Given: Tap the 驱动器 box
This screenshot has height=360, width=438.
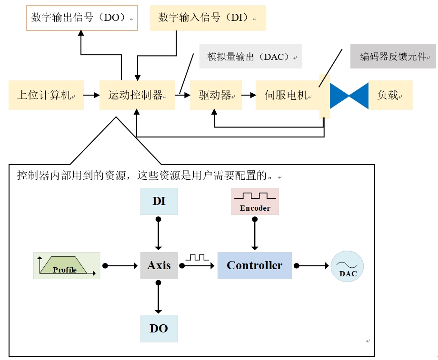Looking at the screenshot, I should [216, 95].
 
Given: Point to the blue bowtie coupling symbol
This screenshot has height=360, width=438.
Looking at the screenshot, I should [349, 96].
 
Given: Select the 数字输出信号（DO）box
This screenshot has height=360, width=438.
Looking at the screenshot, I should [82, 18].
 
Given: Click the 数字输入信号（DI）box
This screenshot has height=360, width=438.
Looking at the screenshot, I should [208, 18].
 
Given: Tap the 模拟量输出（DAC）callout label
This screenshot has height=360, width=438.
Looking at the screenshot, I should [251, 57].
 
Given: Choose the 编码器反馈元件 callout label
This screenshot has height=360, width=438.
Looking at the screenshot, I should [393, 57].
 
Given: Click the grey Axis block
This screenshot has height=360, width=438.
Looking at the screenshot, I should [159, 265].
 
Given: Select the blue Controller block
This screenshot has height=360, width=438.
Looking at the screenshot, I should [255, 265].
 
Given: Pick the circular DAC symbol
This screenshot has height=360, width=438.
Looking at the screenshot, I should [347, 267].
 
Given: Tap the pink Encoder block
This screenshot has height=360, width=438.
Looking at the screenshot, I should [255, 201].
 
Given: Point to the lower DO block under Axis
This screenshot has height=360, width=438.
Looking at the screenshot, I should [159, 329].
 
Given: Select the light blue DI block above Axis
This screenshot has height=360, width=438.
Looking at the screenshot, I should [159, 201].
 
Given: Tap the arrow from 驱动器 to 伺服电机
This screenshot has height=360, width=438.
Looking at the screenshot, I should [249, 95].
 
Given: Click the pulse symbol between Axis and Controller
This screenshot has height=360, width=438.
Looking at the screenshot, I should [197, 257].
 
